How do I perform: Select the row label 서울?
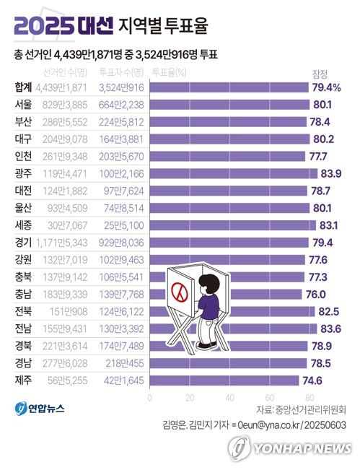pyautogui.click(x=23, y=105)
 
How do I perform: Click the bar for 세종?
pyautogui.click(x=235, y=225)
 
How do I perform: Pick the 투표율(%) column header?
pyautogui.click(x=169, y=72)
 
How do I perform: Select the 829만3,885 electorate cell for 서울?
pyautogui.click(x=61, y=105)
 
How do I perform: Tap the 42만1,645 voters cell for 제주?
pyautogui.click(x=120, y=380)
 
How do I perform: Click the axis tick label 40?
pyautogui.click(x=229, y=396)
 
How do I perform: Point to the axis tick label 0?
pyautogui.click(x=150, y=396)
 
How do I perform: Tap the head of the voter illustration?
pyautogui.click(x=210, y=284)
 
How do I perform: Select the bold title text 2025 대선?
pyautogui.click(x=63, y=27)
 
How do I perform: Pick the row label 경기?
pyautogui.click(x=23, y=242)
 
